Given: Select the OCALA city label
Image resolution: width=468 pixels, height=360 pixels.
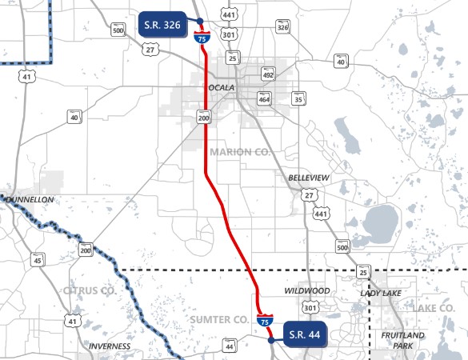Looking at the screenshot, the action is point(221,86).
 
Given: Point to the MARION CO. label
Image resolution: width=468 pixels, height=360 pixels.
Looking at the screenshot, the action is point(241,151).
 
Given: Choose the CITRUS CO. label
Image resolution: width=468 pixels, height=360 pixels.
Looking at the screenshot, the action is point(88,290).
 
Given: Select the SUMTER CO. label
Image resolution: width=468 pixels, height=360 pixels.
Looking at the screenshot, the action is point(219,319).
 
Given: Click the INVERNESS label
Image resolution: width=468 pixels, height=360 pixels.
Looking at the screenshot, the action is point(110,346).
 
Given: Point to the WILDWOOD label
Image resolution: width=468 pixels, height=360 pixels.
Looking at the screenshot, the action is point(307,290).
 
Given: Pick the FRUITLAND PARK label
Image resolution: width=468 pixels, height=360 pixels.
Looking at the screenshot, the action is point(404,340).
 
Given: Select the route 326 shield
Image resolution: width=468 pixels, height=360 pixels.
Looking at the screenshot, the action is point(282,27).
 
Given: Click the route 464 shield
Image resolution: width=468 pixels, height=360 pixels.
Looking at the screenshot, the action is point(264,98).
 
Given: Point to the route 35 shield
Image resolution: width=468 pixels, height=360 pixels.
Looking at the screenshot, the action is point(299,99).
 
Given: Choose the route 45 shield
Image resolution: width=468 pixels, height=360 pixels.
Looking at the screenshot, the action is point(38,260).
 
